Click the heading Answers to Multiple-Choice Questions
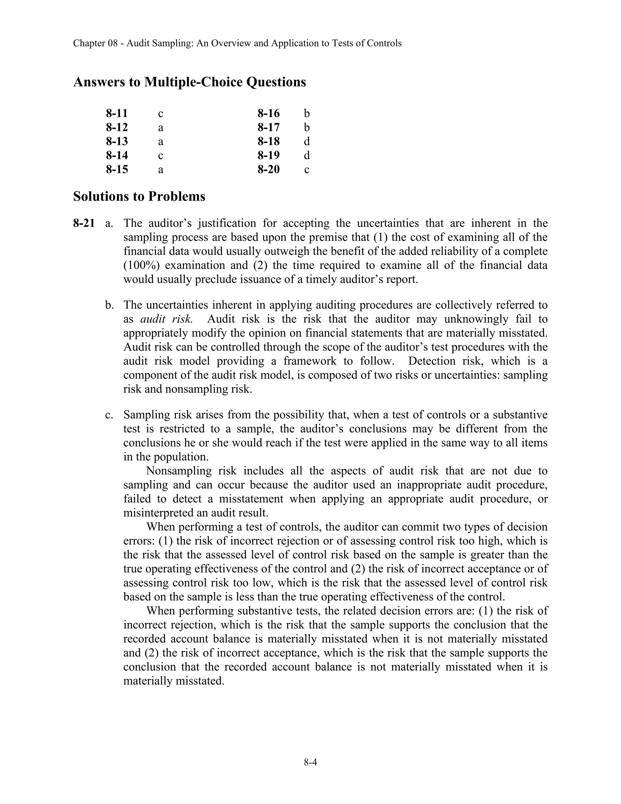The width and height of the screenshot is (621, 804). pyautogui.click(x=190, y=82)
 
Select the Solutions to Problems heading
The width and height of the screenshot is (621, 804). pyautogui.click(x=139, y=196)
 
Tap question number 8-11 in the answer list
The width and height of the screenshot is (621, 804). pyautogui.click(x=117, y=113)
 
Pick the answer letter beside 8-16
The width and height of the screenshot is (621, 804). pyautogui.click(x=307, y=113)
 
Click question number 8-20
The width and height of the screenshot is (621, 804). pyautogui.click(x=269, y=169)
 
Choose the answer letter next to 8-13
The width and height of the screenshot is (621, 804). pyautogui.click(x=160, y=142)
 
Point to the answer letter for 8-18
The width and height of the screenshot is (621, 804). pyautogui.click(x=307, y=141)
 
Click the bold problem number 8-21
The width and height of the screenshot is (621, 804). pyautogui.click(x=84, y=223)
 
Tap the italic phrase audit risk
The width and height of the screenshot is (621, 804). pyautogui.click(x=166, y=319)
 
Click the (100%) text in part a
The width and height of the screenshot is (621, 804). pyautogui.click(x=139, y=265)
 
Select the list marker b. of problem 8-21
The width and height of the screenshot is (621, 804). pyautogui.click(x=109, y=305)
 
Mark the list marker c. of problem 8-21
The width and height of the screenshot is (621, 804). pyautogui.click(x=109, y=415)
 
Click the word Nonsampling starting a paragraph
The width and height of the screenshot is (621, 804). pyautogui.click(x=179, y=471)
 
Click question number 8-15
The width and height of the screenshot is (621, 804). pyautogui.click(x=117, y=169)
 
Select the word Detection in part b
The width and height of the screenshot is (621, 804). pyautogui.click(x=428, y=361)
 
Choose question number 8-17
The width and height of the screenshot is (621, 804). pyautogui.click(x=269, y=127)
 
